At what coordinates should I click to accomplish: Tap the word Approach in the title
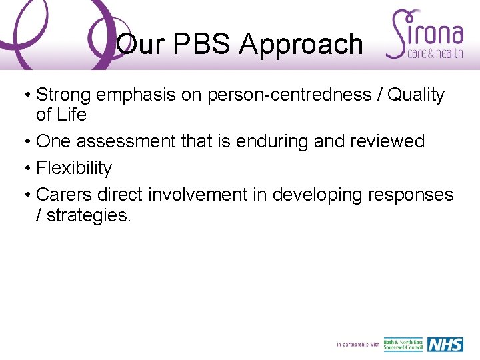click(x=301, y=45)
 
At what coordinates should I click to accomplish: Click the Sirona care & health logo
click(x=427, y=35)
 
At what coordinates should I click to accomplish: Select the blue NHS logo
click(x=445, y=344)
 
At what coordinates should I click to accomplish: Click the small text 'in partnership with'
click(x=358, y=345)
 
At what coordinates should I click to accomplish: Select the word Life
click(x=71, y=115)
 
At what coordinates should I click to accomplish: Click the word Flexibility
click(x=74, y=168)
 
